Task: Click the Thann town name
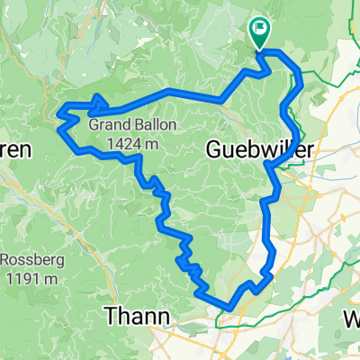(133, 315)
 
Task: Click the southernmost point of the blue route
(230, 309)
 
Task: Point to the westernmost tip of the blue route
(59, 113)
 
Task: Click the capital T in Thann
(110, 315)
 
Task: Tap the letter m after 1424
(153, 142)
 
